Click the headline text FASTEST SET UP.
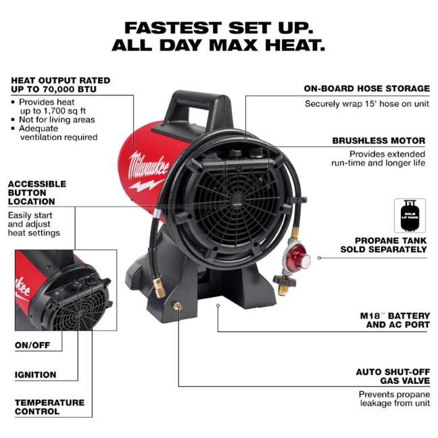(x=219, y=28)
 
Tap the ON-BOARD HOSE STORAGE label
(x=366, y=89)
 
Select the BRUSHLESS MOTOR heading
(x=379, y=141)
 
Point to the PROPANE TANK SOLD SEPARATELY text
(x=391, y=245)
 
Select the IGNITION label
(x=36, y=374)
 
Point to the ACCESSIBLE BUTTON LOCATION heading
(x=37, y=193)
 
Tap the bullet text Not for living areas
(x=57, y=120)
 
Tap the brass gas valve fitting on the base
(x=177, y=307)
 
